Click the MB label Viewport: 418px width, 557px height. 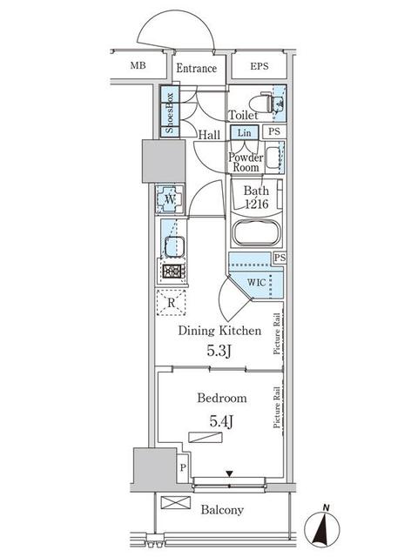(138, 66)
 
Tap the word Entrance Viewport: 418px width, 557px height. (196, 68)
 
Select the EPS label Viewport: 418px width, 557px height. (260, 66)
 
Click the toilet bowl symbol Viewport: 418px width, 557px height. (260, 103)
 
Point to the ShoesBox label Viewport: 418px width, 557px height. (170, 112)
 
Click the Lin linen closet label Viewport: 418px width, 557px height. (244, 133)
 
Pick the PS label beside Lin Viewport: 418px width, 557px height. (274, 131)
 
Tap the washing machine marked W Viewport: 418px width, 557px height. (170, 199)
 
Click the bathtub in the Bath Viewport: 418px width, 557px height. (256, 232)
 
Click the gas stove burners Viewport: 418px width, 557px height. (172, 272)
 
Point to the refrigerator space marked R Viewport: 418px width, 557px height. (172, 303)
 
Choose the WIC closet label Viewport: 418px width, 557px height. (256, 282)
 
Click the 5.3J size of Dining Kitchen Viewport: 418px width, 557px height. (219, 352)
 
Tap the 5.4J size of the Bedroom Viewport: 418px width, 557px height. (221, 421)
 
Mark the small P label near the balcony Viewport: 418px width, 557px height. (183, 467)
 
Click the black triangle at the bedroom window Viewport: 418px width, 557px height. (230, 473)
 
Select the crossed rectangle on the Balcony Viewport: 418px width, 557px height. (176, 503)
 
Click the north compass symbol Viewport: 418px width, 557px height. (322, 527)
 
